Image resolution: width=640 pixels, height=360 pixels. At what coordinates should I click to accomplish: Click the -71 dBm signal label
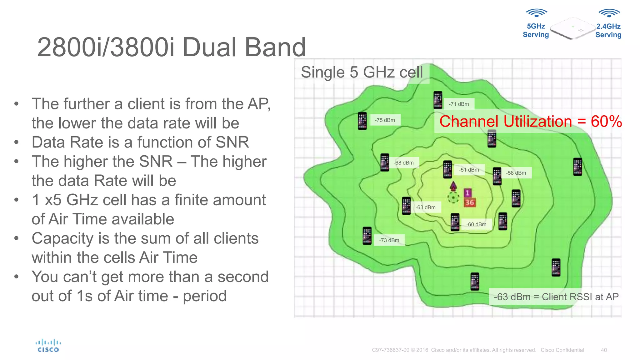click(x=459, y=104)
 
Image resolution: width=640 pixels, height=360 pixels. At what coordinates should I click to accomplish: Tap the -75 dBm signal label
click(x=385, y=120)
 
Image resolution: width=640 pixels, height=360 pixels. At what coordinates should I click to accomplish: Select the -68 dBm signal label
click(x=403, y=163)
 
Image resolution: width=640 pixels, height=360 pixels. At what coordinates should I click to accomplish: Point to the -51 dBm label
click(x=469, y=170)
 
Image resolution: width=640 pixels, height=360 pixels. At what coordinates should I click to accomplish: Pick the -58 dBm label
click(x=516, y=173)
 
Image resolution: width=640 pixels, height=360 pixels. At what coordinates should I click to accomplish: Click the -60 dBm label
click(x=476, y=224)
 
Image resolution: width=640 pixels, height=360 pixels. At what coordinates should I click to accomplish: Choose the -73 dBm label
click(x=389, y=240)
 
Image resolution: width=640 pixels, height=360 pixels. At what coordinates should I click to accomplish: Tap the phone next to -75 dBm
click(x=362, y=121)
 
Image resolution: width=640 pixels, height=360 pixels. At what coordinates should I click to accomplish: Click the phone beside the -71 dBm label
click(x=438, y=100)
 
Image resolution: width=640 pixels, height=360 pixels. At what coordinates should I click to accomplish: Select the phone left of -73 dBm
click(x=367, y=236)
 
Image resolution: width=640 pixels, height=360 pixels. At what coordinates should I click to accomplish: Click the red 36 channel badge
click(x=470, y=202)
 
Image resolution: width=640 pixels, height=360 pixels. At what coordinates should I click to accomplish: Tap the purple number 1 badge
click(x=467, y=193)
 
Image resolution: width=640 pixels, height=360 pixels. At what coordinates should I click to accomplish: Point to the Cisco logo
click(x=48, y=346)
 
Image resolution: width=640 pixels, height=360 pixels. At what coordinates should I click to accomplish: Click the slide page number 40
click(x=604, y=350)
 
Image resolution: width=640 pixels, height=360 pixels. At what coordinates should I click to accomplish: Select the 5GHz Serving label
click(x=536, y=30)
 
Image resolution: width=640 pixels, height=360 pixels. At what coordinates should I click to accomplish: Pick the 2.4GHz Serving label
click(x=608, y=30)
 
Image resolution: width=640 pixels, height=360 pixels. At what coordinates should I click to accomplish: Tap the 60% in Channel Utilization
click(x=606, y=122)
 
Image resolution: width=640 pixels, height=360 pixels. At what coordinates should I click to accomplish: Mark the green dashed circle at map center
click(x=453, y=197)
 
